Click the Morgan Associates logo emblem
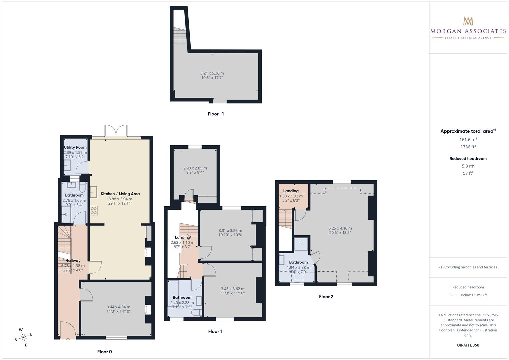point(468,21)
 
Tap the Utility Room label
point(75,147)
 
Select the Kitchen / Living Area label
point(120,194)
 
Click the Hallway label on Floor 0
point(73,260)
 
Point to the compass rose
point(23,337)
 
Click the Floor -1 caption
point(216,114)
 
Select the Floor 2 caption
point(326,297)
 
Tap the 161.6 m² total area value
point(468,139)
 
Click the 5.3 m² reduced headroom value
point(468,166)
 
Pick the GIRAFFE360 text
point(468,345)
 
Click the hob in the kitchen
point(94,210)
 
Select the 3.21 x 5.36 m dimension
point(212,73)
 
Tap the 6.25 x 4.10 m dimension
point(340,228)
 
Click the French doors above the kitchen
point(116,130)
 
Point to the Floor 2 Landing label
point(291,191)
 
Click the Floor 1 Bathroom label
point(182,297)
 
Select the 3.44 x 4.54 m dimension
point(119,307)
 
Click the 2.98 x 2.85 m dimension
point(195,168)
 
